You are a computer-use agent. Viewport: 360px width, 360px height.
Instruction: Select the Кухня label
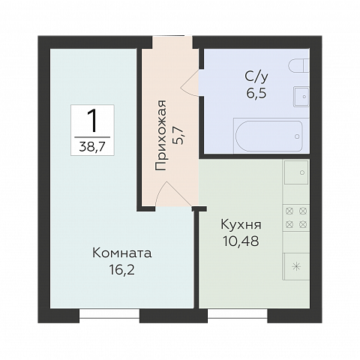tap(241, 224)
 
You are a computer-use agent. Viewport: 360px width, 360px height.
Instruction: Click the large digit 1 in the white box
tap(94, 120)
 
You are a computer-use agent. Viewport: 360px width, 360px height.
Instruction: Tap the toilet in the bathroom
tap(300, 64)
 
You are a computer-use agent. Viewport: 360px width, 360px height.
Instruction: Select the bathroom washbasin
tap(301, 96)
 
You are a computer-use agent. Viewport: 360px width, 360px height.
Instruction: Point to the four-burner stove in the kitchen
tap(294, 217)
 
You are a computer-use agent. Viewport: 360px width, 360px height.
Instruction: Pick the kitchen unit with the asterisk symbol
tap(295, 266)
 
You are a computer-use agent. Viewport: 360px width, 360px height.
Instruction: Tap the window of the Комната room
tap(109, 315)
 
